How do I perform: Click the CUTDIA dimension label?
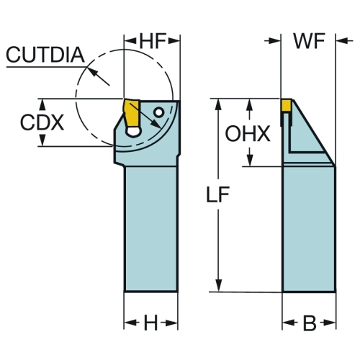pyautogui.click(x=45, y=55)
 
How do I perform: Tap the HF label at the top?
pyautogui.click(x=153, y=40)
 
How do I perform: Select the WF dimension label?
pyautogui.click(x=309, y=41)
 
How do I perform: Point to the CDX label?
pyautogui.click(x=42, y=122)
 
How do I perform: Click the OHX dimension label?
pyautogui.click(x=248, y=133)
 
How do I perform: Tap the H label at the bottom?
pyautogui.click(x=150, y=323)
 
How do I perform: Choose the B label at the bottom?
pyautogui.click(x=310, y=323)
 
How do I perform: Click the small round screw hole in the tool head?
pyautogui.click(x=159, y=112)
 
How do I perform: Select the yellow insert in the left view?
pyautogui.click(x=132, y=113)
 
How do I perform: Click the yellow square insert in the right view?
pyautogui.click(x=287, y=105)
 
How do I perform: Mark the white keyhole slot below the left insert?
pyautogui.click(x=132, y=132)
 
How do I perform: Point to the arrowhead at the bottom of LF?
pyautogui.click(x=219, y=286)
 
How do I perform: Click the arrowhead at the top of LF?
pyautogui.click(x=218, y=105)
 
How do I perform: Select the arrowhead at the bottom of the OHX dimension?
pyautogui.click(x=250, y=160)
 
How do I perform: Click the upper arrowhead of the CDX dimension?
pyautogui.click(x=42, y=105)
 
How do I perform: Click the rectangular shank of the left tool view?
pyautogui.click(x=151, y=228)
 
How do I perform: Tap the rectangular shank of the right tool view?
pyautogui.click(x=309, y=228)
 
